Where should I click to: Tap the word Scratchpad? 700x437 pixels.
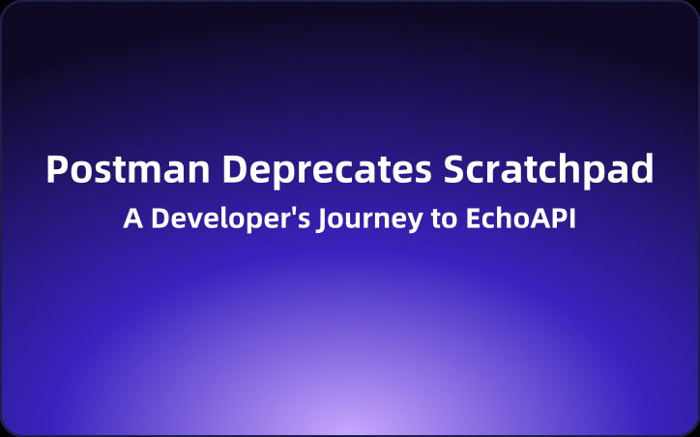click(549, 169)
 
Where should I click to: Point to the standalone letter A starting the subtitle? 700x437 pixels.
click(131, 218)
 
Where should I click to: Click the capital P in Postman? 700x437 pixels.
click(58, 169)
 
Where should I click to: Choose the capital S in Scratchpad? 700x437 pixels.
click(456, 169)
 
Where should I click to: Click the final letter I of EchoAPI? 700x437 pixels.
click(572, 218)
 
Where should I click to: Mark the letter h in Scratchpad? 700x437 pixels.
click(569, 169)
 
